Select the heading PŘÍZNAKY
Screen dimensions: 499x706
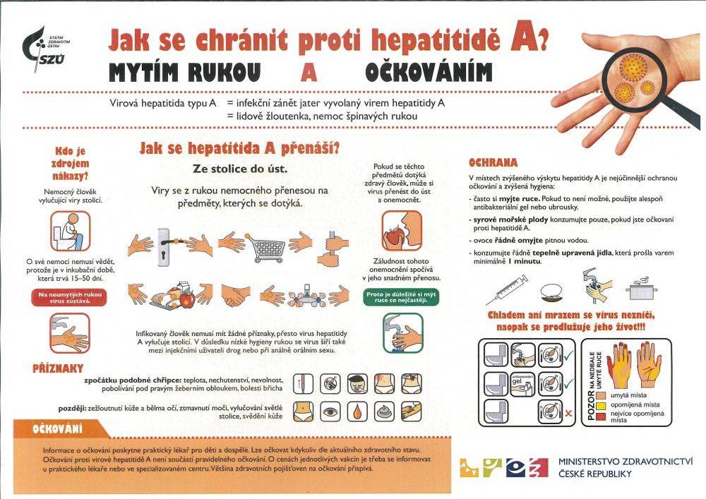[x=59, y=368]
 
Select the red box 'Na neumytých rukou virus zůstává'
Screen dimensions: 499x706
[x=68, y=296]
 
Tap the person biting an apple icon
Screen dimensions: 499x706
[x=400, y=229]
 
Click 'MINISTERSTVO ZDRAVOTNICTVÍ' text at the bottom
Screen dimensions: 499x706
[x=625, y=459]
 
